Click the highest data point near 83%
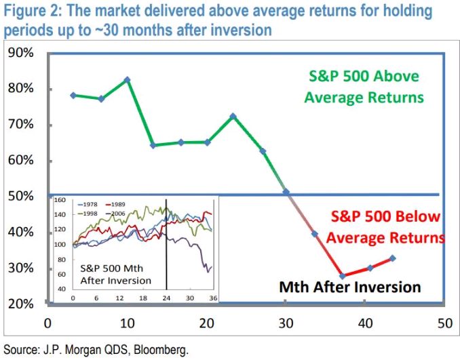(x=127, y=79)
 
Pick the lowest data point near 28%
(x=343, y=276)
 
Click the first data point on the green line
(x=73, y=96)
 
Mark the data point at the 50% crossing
(x=286, y=192)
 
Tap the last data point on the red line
(x=393, y=258)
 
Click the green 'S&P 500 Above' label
(x=364, y=77)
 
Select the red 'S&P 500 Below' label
(x=386, y=217)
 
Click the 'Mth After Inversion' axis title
(x=350, y=287)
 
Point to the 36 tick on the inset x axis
(x=212, y=297)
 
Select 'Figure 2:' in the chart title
(x=28, y=12)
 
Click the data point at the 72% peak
(x=233, y=116)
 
